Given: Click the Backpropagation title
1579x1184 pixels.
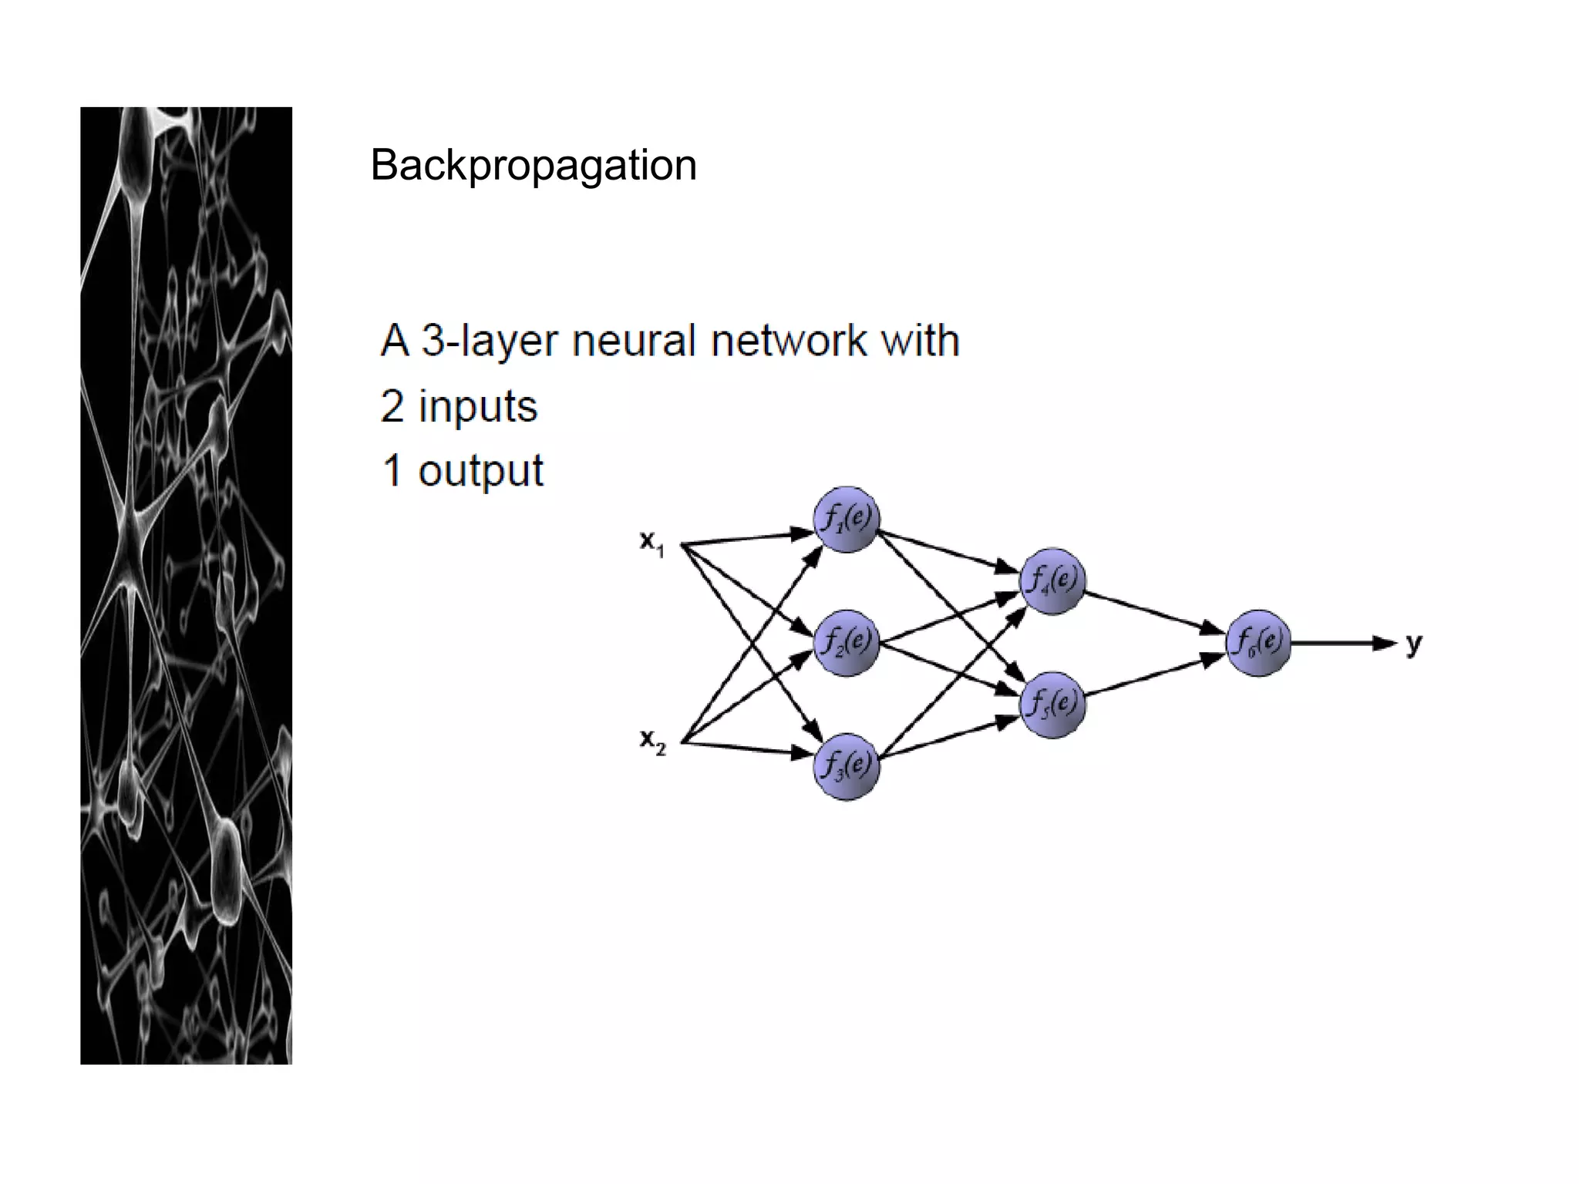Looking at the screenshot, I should coord(533,165).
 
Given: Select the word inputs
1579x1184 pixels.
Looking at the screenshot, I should coord(477,406).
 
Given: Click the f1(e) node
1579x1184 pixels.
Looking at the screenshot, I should coord(847,520).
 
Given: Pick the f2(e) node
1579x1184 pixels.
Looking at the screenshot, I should coord(847,643).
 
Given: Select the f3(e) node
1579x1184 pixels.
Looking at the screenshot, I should coord(847,766).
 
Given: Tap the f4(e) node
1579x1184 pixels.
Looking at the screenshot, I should coord(1052,581).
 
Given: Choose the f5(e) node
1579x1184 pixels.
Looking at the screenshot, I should coord(1052,705).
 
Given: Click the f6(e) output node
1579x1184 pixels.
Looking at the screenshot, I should coord(1258,643).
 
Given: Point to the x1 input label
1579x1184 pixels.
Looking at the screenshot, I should coord(651,543).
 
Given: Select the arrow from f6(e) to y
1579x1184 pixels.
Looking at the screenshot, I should coord(1342,643).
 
